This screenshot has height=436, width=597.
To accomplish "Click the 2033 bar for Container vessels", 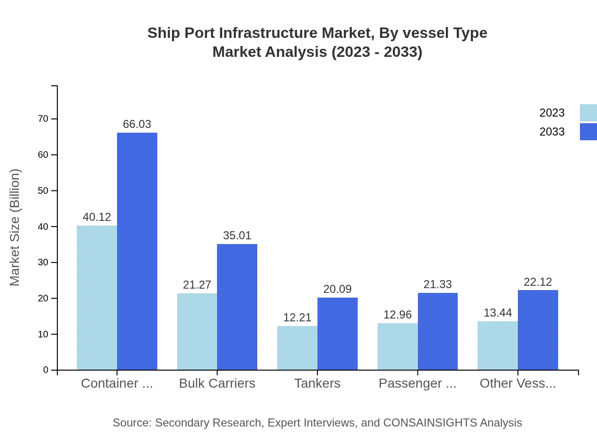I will [x=137, y=251].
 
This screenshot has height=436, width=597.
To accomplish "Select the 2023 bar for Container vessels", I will [x=97, y=298].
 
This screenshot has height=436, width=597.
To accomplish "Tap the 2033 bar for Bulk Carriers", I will [x=237, y=307].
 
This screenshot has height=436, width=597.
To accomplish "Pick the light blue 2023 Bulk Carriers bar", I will [x=197, y=331].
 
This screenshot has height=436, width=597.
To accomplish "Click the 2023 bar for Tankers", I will [x=297, y=348].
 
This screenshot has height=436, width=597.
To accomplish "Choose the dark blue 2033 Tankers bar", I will [x=337, y=334].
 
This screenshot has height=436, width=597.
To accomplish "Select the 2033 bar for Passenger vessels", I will [x=438, y=331].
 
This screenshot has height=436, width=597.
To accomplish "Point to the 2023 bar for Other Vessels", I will [x=497, y=345].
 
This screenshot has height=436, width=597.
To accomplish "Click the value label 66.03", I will [x=137, y=124].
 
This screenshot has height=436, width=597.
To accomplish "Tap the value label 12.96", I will [x=398, y=315].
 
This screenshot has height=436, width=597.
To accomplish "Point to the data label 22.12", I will [x=538, y=282].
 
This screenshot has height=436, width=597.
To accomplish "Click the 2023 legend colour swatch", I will [x=588, y=113].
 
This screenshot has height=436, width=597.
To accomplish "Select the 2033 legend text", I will [x=552, y=132].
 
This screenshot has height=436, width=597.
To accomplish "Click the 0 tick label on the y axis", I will [x=46, y=370].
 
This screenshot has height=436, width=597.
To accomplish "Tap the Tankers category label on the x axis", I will [x=317, y=383].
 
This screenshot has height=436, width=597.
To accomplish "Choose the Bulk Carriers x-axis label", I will [x=217, y=383].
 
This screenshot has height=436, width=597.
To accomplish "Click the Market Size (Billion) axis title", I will [x=15, y=227].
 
